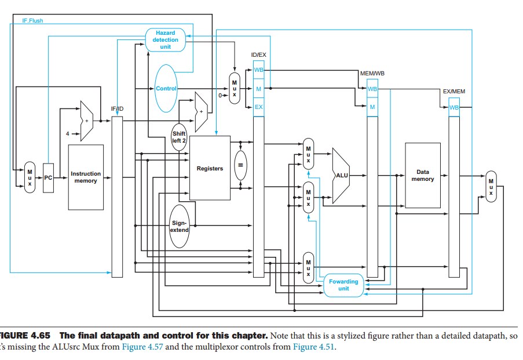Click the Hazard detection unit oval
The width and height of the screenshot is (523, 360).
pos(165,40)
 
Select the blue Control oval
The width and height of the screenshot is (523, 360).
pos(166,88)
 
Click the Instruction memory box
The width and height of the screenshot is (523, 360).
pos(86,177)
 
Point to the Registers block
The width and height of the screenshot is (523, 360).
pos(210,169)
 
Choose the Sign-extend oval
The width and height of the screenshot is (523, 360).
pos(179,226)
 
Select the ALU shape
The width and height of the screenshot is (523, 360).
pos(341,174)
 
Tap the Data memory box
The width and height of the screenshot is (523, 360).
pos(423,175)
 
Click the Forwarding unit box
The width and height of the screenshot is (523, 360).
pos(343,285)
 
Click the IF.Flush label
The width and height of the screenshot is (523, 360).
pos(32,21)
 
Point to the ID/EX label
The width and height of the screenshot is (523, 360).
pos(258,54)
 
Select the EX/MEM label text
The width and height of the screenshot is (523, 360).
pos(453,92)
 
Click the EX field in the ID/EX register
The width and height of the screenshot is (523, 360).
pos(258,107)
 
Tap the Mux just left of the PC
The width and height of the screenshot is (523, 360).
pos(30,177)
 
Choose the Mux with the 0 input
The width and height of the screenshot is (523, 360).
pos(235,89)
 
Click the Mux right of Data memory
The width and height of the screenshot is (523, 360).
pos(491,187)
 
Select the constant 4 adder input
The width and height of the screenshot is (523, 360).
pos(68,133)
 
